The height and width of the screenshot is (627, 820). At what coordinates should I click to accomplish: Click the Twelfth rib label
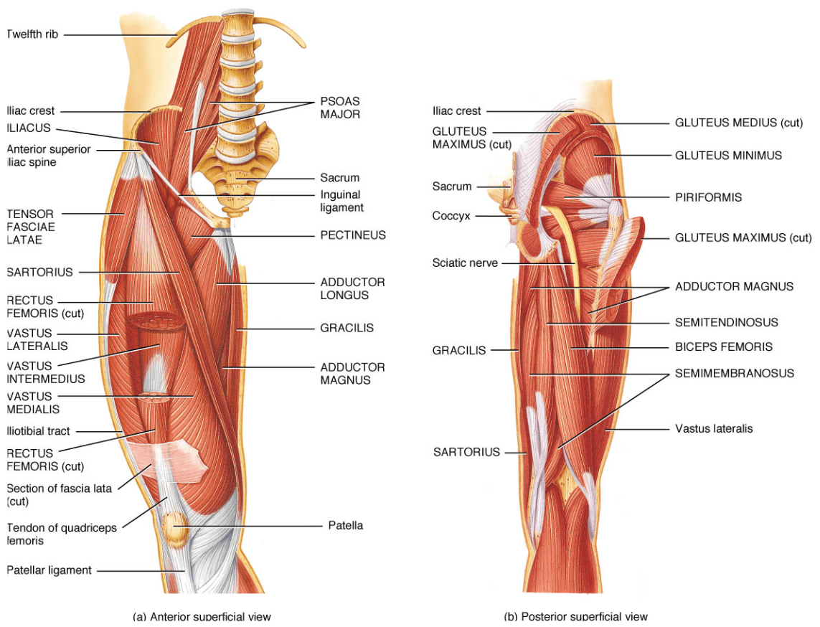32,34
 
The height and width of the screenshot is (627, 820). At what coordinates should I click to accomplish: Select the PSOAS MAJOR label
339,108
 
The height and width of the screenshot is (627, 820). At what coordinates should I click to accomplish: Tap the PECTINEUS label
352,235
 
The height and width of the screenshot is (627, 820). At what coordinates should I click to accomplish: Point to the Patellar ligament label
49,570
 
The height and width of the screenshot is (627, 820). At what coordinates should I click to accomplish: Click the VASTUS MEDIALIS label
32,402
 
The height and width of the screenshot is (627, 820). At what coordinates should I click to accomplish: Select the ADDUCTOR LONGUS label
352,288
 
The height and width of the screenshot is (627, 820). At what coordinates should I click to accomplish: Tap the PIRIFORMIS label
708,197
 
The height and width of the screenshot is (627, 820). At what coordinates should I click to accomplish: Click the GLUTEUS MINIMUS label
728,155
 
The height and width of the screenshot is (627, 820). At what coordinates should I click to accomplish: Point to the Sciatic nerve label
464,263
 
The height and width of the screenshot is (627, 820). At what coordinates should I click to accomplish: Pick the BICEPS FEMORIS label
723,346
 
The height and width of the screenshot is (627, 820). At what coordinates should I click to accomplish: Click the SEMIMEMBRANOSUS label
734,373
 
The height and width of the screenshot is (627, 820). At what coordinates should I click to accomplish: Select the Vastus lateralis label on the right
714,428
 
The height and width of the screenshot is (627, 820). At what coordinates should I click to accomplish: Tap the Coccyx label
451,215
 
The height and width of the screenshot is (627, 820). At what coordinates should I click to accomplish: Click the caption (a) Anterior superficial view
202,616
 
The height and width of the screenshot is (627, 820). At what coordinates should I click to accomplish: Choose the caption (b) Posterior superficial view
575,616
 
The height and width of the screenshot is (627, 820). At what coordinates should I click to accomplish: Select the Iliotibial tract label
39,431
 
